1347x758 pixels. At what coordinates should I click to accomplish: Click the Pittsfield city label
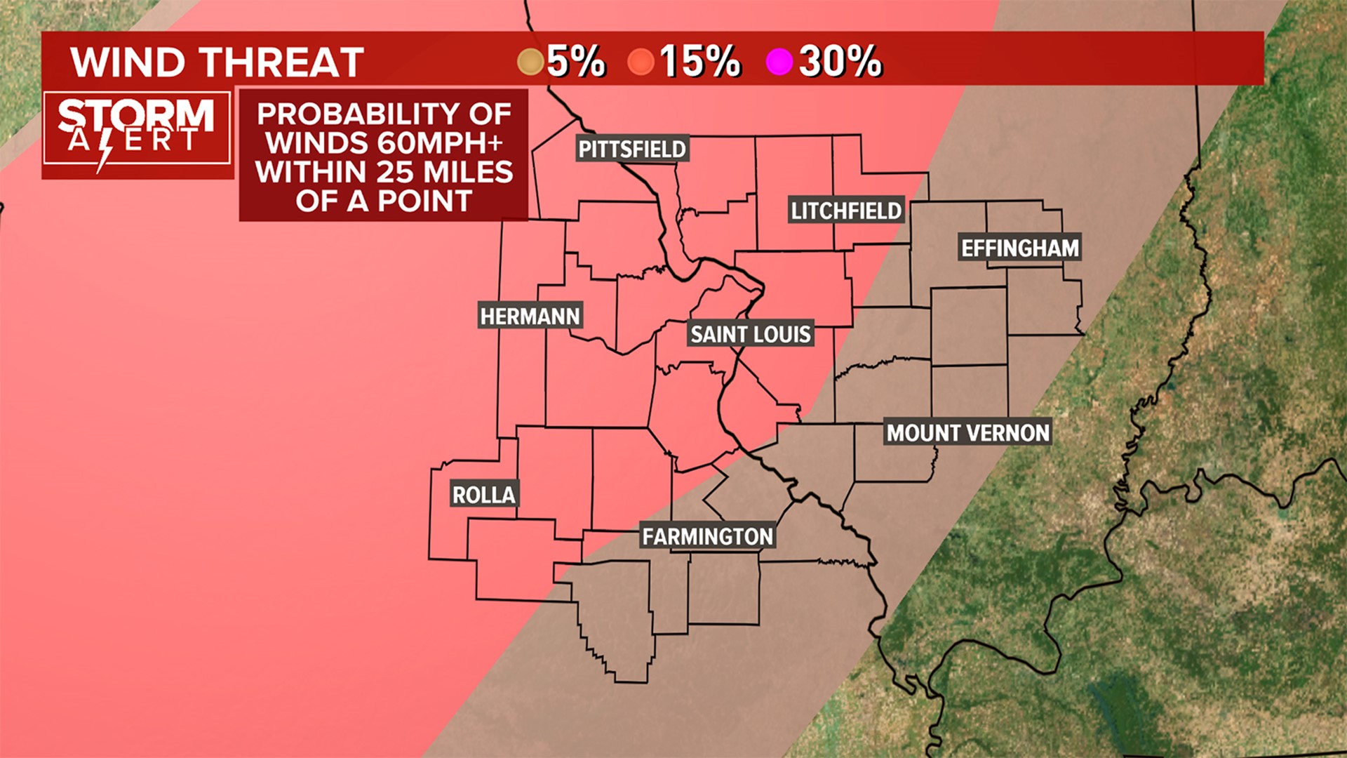631,149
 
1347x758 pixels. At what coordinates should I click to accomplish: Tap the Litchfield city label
845,211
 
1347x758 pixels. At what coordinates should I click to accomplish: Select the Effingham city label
1020,248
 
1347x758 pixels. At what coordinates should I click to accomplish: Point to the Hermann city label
530,317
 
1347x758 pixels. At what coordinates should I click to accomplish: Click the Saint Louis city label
751,334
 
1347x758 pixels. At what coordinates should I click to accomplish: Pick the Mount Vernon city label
968,432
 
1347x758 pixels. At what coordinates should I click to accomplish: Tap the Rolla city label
484,495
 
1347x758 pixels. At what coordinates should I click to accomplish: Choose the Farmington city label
707,537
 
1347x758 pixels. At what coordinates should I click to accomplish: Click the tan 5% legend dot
531,62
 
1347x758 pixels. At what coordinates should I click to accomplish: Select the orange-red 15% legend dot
641,62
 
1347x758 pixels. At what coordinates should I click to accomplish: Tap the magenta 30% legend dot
779,62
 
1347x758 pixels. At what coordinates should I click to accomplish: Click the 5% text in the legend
576,61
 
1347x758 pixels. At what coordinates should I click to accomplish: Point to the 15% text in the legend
699,61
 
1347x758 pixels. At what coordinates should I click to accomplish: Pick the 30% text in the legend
840,61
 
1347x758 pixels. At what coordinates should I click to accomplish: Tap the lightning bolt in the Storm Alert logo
105,149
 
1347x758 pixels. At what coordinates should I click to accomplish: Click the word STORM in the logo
136,114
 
